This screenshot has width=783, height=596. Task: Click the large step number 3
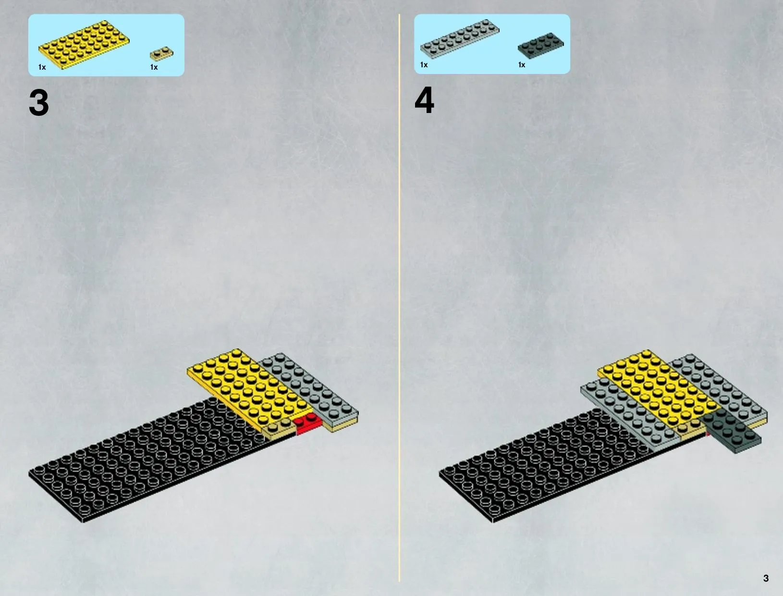(38, 102)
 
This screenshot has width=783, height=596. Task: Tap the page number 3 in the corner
(766, 578)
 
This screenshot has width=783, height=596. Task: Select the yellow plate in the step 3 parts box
(84, 45)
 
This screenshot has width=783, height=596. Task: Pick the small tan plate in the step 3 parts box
(161, 53)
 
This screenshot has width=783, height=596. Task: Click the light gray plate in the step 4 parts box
(460, 39)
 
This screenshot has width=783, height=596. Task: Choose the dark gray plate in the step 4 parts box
(541, 45)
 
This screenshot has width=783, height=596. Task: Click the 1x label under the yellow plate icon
(42, 67)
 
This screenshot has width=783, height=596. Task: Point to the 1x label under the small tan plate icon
(154, 67)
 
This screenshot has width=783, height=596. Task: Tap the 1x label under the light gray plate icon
(424, 64)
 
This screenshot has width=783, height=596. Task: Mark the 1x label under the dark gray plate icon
(522, 64)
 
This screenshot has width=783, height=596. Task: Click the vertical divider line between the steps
(399, 298)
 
